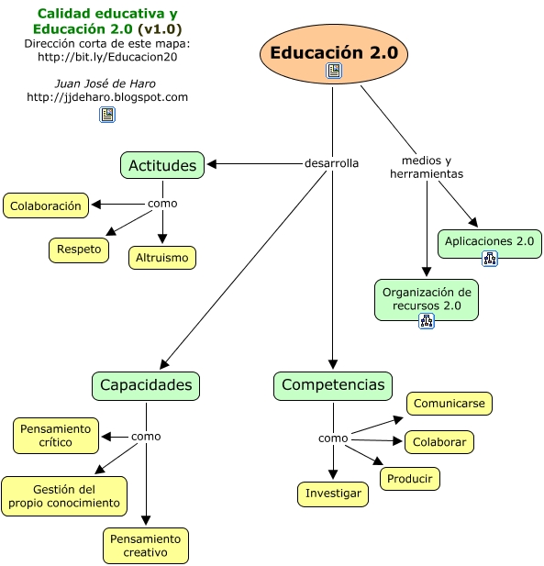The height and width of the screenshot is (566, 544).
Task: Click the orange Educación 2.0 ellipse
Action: (x=334, y=54)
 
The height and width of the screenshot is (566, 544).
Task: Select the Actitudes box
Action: (x=162, y=165)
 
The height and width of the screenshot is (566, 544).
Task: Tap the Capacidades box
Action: (x=146, y=386)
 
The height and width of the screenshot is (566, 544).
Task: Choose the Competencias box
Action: (x=333, y=386)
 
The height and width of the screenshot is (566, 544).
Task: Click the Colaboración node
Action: (x=46, y=205)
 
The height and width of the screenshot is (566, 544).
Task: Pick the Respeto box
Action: (x=79, y=250)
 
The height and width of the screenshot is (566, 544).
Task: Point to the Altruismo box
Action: (x=162, y=258)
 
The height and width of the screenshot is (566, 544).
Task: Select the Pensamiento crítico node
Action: (x=56, y=436)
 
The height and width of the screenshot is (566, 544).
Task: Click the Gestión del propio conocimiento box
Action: (x=64, y=496)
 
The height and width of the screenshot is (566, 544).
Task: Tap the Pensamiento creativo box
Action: (x=146, y=546)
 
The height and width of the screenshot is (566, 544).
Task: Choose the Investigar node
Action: (x=333, y=494)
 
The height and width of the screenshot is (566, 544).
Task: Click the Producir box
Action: (x=410, y=479)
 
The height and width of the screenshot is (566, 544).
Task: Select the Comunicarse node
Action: (x=450, y=404)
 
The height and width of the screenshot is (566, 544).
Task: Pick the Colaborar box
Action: (x=439, y=442)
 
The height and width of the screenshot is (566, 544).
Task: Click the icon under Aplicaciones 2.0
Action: (x=490, y=259)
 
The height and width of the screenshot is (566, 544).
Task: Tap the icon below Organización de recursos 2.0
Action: (x=427, y=320)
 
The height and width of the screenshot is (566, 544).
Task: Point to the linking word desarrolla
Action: (x=331, y=163)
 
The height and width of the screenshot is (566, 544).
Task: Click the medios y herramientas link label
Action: (x=427, y=167)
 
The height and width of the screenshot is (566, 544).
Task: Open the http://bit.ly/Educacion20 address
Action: (x=107, y=57)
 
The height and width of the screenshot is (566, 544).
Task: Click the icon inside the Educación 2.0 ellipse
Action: (x=334, y=71)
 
